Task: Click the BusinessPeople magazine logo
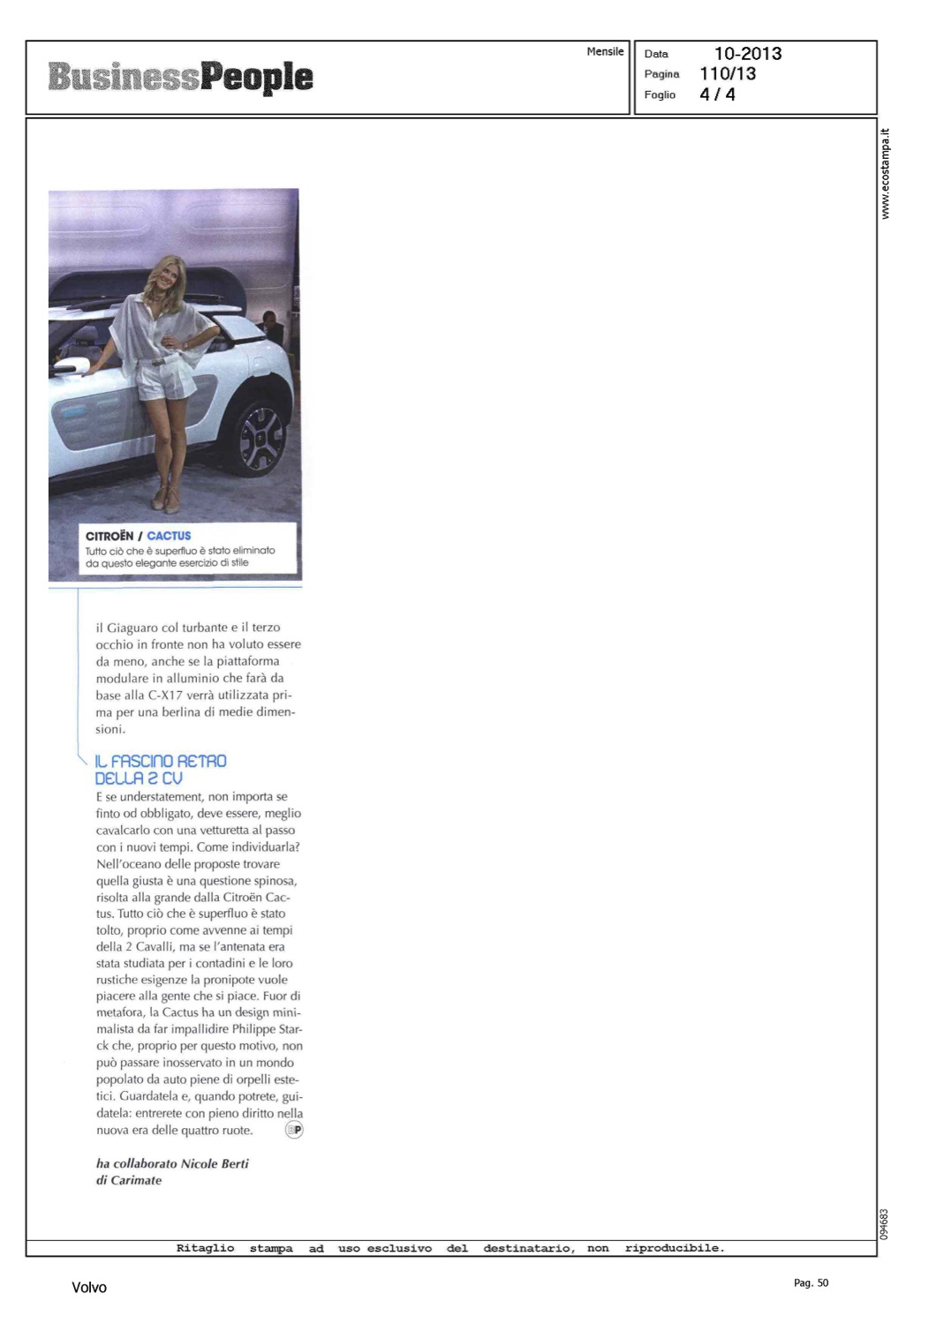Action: pos(180,77)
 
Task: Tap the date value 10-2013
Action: pos(747,54)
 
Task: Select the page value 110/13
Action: pos(727,74)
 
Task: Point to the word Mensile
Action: pos(605,52)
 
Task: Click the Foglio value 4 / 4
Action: pos(717,94)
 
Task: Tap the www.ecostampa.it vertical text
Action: pos(886,175)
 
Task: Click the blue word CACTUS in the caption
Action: pos(169,536)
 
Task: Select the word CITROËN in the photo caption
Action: pos(110,536)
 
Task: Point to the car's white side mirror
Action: pos(66,364)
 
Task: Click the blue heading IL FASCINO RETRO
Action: pos(160,761)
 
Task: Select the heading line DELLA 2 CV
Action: pos(138,779)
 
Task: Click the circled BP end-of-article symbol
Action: pos(294,1130)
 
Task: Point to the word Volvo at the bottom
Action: pos(89,1288)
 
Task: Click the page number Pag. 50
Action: pos(811,1283)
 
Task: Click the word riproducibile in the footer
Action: pos(674,1248)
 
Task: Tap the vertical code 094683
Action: pos(884,1223)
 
